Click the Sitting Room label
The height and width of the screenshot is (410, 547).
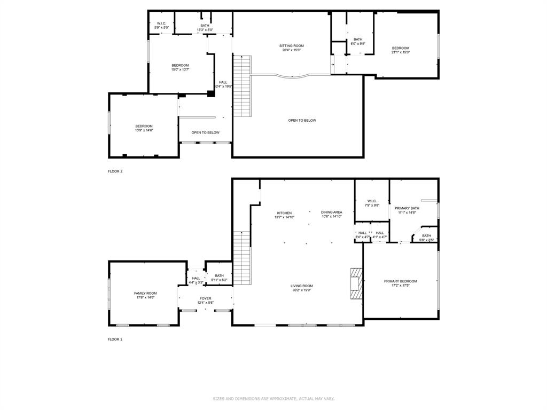pos(291,46)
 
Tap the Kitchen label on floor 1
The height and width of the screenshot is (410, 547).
pos(284,213)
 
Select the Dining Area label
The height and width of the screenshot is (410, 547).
pos(331,212)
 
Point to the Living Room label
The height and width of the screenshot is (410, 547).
pos(301,286)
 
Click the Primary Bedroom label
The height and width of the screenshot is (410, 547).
pos(400,281)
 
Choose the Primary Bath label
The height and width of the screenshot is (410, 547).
pos(407,208)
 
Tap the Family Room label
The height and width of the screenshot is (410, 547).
pos(145,293)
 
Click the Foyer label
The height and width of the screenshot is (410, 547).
pos(206,298)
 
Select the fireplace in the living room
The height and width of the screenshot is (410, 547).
pos(355,285)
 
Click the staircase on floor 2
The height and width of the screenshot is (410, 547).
pos(242,85)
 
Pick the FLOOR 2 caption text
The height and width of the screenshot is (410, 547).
pos(115,171)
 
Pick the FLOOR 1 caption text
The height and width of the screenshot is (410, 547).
pos(115,339)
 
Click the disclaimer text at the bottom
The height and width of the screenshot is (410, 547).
pos(273,399)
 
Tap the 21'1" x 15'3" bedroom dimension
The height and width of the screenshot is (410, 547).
pos(401,52)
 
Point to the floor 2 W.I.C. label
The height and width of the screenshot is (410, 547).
pos(161,23)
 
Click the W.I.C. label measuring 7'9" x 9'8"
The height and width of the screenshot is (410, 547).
pos(372,201)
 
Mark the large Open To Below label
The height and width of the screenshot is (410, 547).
pos(302,120)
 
